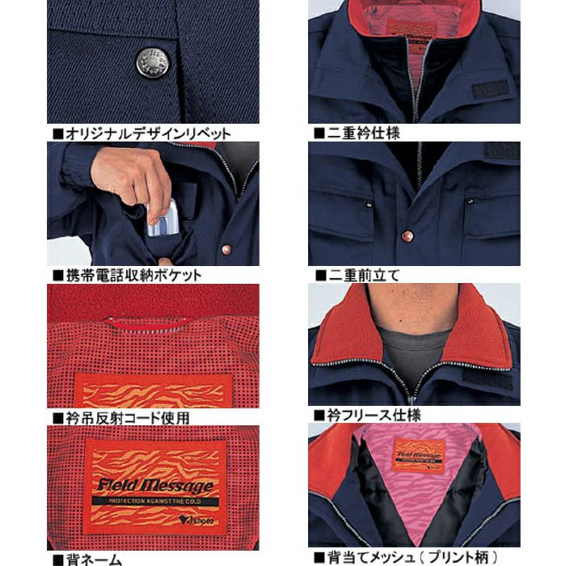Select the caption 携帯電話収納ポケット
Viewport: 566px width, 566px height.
click(x=133, y=275)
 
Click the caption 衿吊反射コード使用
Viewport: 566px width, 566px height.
click(x=126, y=418)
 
